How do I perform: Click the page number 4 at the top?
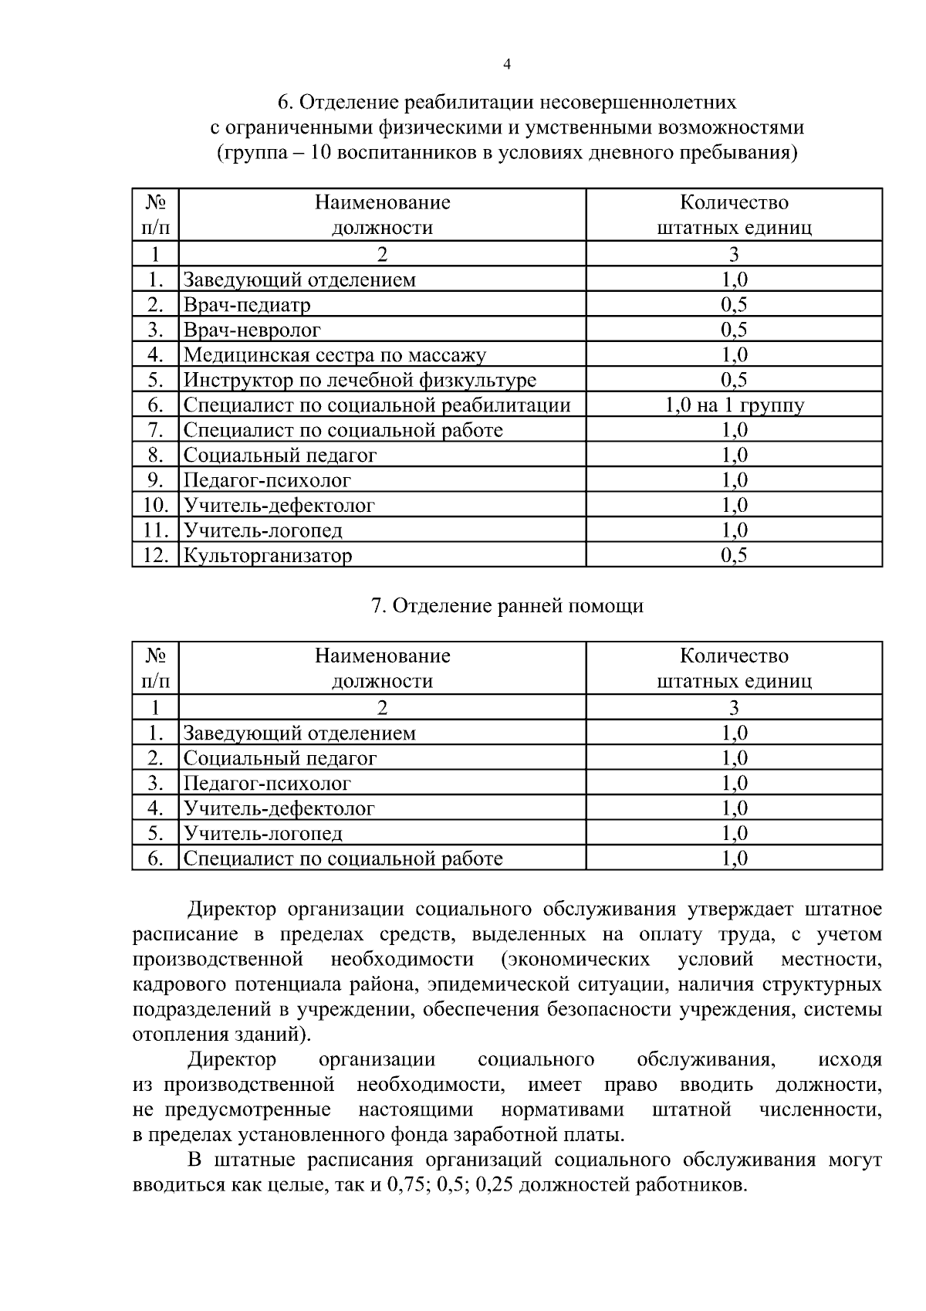506,65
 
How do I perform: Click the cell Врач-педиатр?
247,305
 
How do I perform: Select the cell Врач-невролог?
252,330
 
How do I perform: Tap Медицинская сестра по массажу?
334,355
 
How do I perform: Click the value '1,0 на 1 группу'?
734,405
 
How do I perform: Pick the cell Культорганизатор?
267,556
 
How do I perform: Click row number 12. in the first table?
156,555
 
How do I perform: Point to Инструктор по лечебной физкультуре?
360,381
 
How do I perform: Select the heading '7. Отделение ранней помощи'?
507,606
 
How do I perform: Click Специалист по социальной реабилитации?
377,405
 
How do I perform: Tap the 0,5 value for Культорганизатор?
734,555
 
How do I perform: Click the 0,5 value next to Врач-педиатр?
734,305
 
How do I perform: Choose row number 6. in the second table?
156,859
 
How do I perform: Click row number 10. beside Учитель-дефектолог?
156,506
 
